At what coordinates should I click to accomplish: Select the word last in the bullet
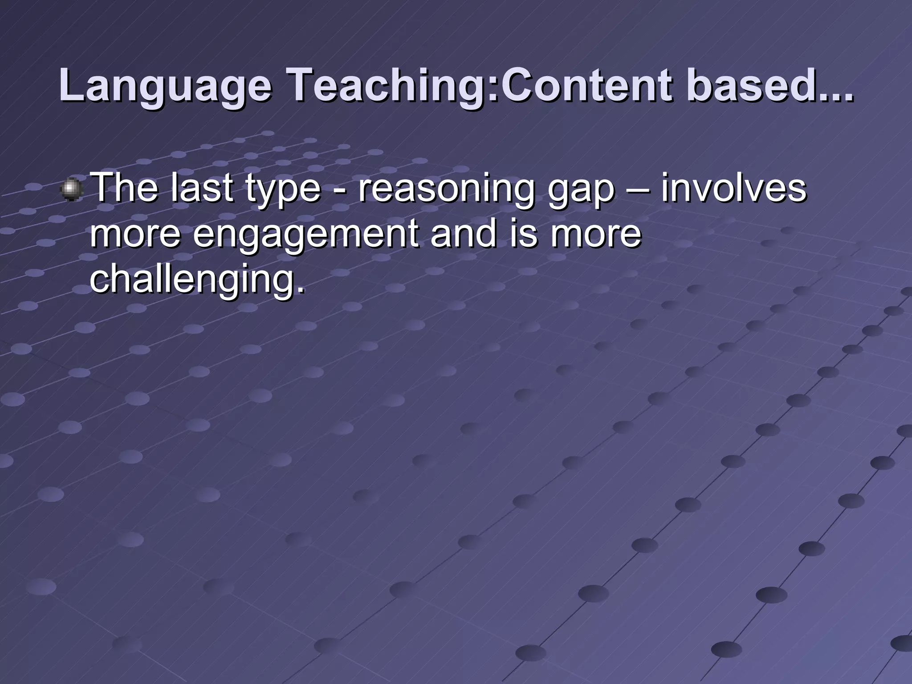[203, 188]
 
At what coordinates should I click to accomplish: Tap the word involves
[733, 188]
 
